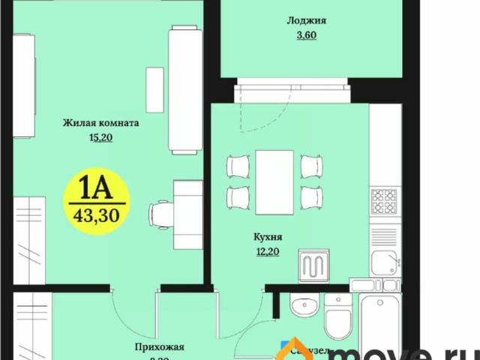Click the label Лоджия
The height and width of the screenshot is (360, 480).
(x=301, y=21)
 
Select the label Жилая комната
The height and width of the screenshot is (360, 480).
(x=101, y=123)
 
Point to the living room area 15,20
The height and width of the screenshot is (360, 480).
(x=100, y=137)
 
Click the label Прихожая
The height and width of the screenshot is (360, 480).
(x=160, y=347)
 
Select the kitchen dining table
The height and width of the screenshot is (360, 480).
(x=274, y=182)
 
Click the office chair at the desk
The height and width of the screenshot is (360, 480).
(x=160, y=214)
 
